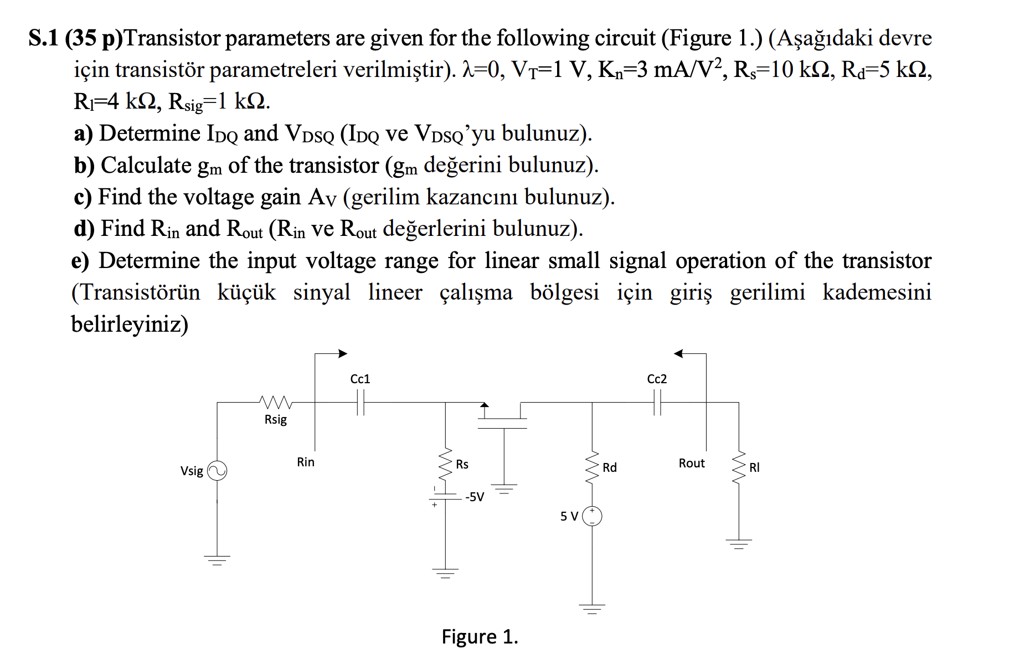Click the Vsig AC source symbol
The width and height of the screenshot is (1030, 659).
tap(217, 471)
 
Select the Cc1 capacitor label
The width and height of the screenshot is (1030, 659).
tap(360, 379)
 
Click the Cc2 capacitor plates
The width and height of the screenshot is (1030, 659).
tap(657, 402)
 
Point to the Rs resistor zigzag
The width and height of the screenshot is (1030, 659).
tap(446, 465)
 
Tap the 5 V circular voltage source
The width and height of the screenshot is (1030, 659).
tap(592, 516)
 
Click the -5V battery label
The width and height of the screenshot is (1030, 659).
tap(475, 497)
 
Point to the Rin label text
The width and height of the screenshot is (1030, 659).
tap(306, 462)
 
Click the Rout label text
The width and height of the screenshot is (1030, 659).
tap(692, 463)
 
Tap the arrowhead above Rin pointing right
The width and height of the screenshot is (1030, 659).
tap(343, 353)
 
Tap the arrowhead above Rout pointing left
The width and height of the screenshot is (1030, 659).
tap(679, 353)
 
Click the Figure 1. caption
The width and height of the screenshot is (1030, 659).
tap(480, 637)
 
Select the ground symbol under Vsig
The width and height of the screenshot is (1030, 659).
tap(217, 559)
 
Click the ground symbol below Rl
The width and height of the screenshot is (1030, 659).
tap(739, 543)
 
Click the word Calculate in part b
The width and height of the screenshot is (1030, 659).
tap(146, 166)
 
